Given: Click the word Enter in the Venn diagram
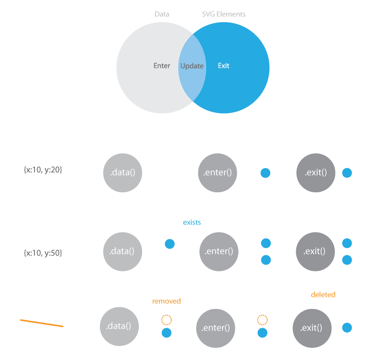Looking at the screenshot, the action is click(x=162, y=66).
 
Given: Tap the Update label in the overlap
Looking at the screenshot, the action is click(x=192, y=66).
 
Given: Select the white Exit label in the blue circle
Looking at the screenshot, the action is click(x=224, y=66).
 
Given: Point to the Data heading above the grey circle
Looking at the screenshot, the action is click(x=162, y=14).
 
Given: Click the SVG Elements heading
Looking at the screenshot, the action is click(x=224, y=14).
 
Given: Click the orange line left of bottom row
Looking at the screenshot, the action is click(x=42, y=323).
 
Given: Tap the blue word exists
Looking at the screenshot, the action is click(x=192, y=222).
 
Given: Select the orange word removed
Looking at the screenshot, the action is click(x=166, y=301).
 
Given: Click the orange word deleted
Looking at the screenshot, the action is click(x=323, y=294).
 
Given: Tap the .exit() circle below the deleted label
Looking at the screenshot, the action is click(x=312, y=328).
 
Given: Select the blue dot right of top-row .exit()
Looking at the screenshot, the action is click(x=347, y=173).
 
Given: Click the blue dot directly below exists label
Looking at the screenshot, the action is click(x=170, y=244).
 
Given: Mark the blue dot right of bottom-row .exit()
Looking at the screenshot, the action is click(x=347, y=328).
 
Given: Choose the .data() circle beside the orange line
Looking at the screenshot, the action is click(x=119, y=326).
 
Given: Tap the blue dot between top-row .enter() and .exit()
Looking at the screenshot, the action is click(x=265, y=173).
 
